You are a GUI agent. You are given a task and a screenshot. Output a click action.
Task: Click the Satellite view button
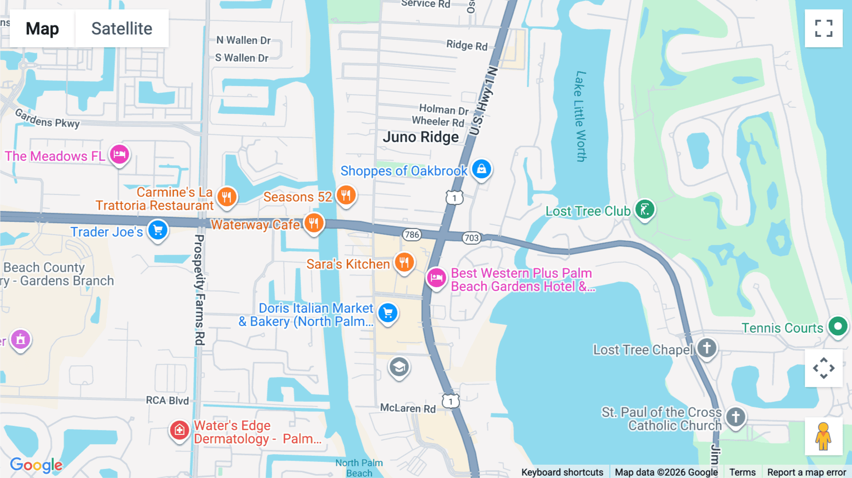click(122, 28)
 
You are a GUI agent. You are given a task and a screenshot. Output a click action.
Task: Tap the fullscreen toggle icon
click(824, 28)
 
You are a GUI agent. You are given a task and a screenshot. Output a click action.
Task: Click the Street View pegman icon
click(824, 436)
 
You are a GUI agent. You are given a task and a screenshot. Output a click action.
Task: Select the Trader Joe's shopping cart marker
click(158, 230)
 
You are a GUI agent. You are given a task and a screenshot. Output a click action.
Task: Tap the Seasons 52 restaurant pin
click(346, 195)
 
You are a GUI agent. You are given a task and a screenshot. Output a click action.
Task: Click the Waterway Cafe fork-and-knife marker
click(313, 222)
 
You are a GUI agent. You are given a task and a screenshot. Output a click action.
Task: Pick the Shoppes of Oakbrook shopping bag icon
click(481, 169)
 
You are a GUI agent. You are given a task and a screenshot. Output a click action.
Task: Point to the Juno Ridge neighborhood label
click(421, 137)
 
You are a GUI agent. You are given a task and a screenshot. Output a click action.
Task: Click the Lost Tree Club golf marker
click(645, 209)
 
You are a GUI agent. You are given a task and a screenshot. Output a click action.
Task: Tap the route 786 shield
click(412, 234)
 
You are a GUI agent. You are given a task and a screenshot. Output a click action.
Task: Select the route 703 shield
click(471, 238)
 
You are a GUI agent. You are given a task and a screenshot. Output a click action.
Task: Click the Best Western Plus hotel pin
click(436, 278)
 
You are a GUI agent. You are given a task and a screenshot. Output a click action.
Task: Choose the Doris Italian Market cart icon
click(388, 313)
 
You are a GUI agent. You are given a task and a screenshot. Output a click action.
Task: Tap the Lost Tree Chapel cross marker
click(707, 348)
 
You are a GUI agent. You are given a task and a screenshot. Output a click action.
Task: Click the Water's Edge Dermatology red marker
click(179, 430)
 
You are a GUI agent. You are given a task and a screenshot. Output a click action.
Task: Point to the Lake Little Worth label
click(580, 116)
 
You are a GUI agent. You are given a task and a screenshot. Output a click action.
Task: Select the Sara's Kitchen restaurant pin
click(404, 262)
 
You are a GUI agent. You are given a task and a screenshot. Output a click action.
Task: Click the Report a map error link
click(807, 472)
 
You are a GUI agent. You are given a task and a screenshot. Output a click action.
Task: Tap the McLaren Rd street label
click(408, 408)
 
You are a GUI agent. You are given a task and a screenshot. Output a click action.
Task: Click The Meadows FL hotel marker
click(119, 154)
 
